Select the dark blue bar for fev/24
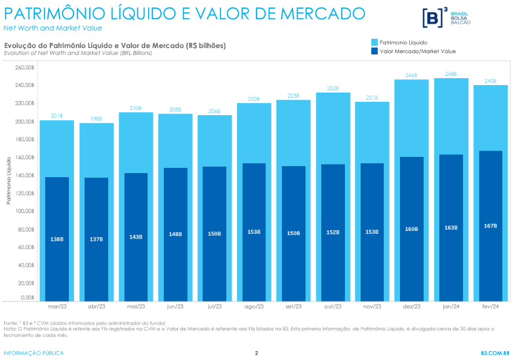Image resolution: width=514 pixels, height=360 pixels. (490, 226)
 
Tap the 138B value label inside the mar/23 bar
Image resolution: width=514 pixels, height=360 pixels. (57, 239)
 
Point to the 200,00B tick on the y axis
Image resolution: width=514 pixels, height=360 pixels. (25, 122)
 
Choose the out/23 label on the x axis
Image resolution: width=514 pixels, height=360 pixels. (333, 306)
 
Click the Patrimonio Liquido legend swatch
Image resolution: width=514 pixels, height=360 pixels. (374, 42)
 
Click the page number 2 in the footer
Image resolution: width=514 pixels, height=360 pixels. (256, 353)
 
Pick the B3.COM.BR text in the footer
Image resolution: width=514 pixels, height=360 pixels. (495, 353)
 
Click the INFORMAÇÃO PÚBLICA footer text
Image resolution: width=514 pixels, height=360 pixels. (34, 353)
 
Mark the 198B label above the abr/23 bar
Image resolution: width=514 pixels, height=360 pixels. (96, 119)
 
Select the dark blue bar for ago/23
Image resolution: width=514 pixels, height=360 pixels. (254, 232)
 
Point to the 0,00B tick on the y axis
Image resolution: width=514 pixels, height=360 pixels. (27, 297)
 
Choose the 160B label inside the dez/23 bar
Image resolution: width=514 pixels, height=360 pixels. (412, 229)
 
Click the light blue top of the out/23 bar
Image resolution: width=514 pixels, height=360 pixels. (333, 127)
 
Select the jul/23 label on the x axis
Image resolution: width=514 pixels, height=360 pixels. (214, 306)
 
